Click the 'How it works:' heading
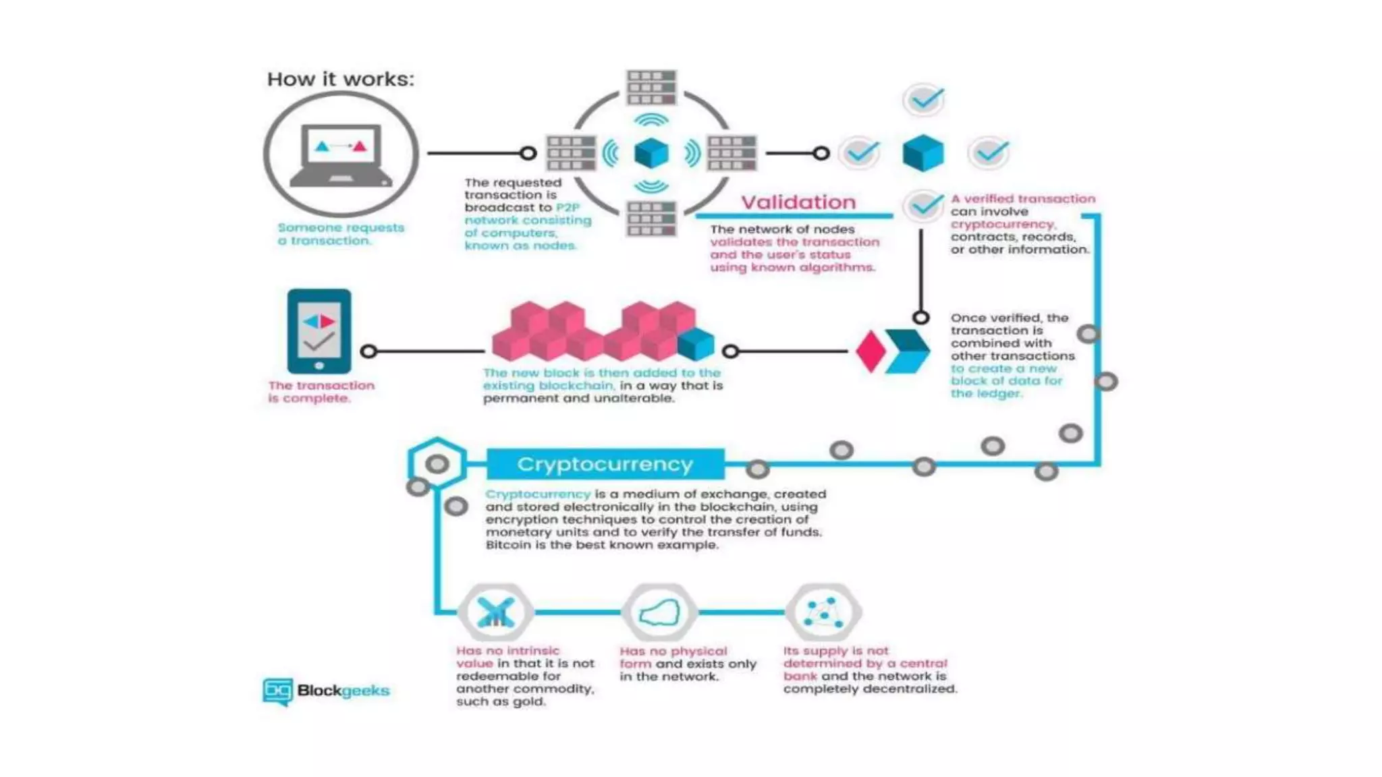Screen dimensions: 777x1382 340,79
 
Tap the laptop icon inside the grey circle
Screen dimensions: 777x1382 340,154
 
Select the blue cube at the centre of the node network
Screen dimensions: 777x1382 651,153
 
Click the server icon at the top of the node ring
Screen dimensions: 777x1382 651,87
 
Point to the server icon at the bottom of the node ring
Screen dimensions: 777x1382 651,219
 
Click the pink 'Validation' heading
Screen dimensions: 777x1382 798,202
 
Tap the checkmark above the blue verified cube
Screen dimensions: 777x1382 924,100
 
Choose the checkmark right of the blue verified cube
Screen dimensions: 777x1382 989,152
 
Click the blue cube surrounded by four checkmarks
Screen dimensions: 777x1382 923,152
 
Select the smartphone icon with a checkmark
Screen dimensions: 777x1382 319,331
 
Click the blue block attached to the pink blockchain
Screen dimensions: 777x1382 696,344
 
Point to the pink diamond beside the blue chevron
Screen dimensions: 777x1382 870,351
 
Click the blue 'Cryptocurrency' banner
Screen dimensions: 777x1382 605,464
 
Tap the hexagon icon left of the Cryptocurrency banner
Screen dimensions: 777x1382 437,463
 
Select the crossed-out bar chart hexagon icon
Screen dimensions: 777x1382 496,612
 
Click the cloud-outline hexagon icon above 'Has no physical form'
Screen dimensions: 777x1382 659,612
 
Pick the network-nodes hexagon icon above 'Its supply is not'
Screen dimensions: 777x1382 823,612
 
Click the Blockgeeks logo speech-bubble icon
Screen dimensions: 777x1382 277,691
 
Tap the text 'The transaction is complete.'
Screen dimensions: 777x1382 321,392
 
